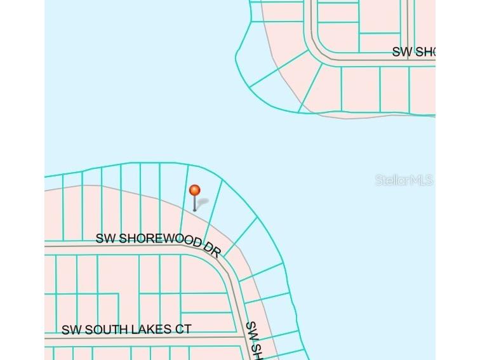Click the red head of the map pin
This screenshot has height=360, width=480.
[195, 190]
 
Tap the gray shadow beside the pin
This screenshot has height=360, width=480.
[202, 204]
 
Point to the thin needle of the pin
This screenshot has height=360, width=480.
[195, 203]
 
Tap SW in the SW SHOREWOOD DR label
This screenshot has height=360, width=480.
[106, 238]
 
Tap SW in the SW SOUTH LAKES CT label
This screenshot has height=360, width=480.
[72, 331]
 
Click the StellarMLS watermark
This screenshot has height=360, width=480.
[404, 180]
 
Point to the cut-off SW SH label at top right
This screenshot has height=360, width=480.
[413, 52]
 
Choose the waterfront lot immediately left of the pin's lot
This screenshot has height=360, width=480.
[170, 194]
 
